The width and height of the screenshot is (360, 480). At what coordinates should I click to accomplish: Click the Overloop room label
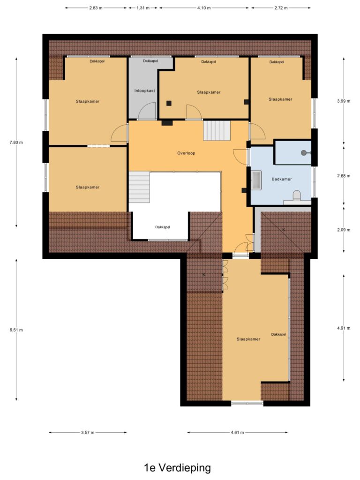[186, 153]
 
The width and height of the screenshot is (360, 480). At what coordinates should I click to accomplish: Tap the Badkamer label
[282, 179]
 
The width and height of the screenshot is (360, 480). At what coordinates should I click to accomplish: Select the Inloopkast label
[144, 90]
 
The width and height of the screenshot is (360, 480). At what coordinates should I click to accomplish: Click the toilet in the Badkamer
[297, 195]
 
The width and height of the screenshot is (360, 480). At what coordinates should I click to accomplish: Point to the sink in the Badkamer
[256, 180]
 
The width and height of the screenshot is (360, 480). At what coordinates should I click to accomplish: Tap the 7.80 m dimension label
[16, 142]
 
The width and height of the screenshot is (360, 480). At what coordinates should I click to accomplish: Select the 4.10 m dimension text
[204, 8]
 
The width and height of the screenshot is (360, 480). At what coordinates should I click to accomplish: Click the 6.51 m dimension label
[16, 330]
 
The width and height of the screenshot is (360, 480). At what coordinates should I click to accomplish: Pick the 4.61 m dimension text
[237, 433]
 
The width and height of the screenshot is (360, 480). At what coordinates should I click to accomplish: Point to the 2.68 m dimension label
[344, 176]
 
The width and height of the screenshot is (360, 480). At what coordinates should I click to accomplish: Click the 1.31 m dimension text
[142, 8]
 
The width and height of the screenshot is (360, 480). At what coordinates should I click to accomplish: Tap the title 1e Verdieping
[178, 468]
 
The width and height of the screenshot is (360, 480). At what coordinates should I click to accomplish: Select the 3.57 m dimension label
[88, 433]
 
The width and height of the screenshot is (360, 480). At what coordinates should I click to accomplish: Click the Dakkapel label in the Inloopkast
[150, 61]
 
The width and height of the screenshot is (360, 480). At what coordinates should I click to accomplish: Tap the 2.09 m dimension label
[344, 230]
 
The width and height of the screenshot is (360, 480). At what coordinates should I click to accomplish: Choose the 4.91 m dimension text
[344, 328]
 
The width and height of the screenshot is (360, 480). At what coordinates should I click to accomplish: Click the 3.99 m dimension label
[344, 101]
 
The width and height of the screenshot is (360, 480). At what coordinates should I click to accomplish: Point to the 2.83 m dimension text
[96, 8]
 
